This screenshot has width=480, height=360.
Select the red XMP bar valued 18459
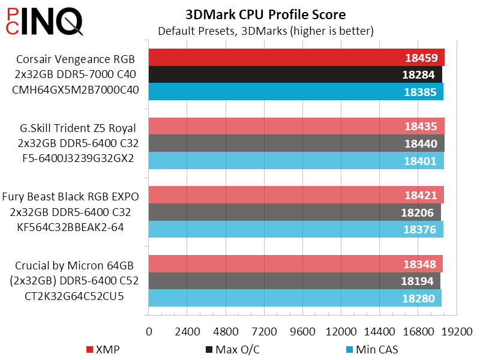coord(296,58)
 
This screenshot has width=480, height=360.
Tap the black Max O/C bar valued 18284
coord(295,75)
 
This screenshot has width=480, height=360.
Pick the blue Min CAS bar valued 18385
coord(296,92)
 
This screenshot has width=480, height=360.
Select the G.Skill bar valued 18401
coord(296,160)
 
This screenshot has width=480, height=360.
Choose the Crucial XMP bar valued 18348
coord(295,263)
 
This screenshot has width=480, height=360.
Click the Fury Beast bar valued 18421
coord(296,195)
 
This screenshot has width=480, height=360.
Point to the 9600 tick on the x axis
coord(302,331)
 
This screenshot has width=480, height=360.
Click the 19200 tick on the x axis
coord(457,331)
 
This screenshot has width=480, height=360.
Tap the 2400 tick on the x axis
coord(187,331)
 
